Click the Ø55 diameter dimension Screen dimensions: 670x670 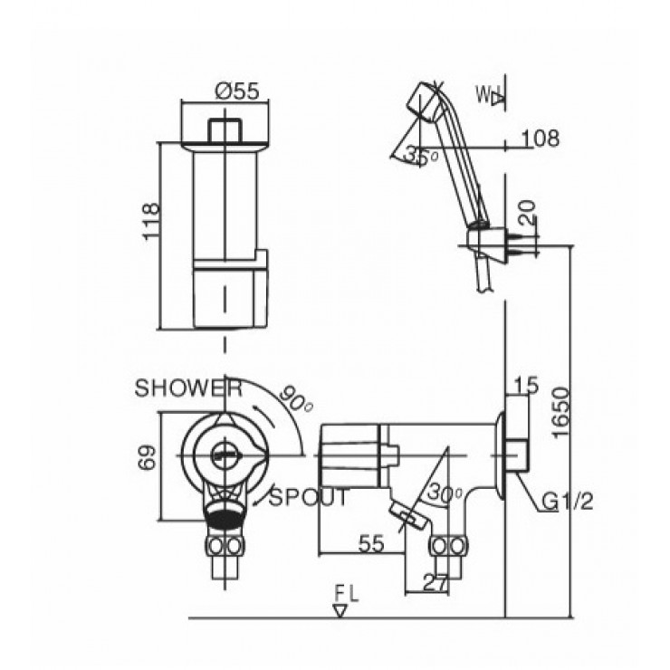pos(238,91)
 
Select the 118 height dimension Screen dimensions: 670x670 pos(153,220)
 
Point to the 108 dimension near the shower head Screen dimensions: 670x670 pos(541,139)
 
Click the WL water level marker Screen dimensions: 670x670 pos(489,94)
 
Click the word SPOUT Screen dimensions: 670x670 pos(309,497)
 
